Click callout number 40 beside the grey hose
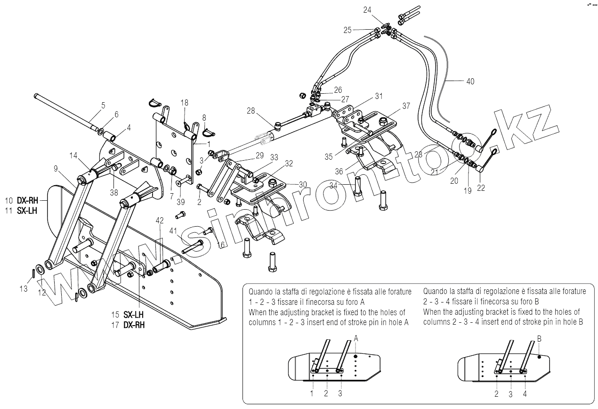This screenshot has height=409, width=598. pos(470,81)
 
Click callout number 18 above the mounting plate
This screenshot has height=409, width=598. pos(184,102)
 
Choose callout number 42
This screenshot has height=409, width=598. pos(160,220)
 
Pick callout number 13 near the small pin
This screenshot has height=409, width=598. pos(24,289)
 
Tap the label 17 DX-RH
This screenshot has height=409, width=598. pos(128,325)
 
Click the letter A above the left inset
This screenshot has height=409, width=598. pos(356,338)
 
